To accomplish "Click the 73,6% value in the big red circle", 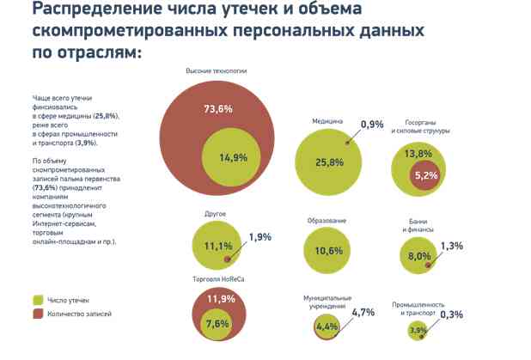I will click(x=218, y=109).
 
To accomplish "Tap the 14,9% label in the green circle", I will click(x=232, y=156).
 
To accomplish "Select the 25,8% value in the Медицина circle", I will click(x=329, y=162).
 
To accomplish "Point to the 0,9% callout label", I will click(x=371, y=125).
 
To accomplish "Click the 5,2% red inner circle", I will click(x=425, y=175).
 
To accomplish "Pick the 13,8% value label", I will click(x=418, y=153).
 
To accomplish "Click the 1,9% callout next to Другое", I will click(x=259, y=236).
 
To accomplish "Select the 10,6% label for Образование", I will click(x=329, y=251).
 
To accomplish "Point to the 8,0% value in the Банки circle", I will click(x=419, y=256).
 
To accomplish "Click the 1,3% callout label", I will click(x=451, y=246).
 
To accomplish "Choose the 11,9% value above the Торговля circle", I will click(x=220, y=298).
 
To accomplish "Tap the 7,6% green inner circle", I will click(x=217, y=324).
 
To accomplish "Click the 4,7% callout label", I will click(x=363, y=312).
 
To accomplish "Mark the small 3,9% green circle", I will click(x=418, y=331).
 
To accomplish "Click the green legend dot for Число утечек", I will click(x=38, y=300).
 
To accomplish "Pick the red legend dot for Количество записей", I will click(x=38, y=314).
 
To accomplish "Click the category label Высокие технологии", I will click(x=216, y=71).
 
